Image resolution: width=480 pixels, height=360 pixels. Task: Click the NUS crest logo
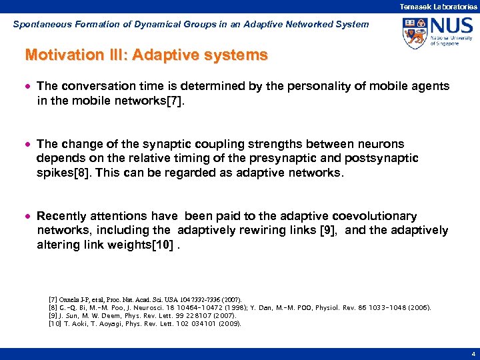415,33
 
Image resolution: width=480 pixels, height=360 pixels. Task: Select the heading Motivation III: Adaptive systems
146,55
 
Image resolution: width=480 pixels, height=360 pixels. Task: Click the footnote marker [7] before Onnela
53,300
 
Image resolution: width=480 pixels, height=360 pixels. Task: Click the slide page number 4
472,354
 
